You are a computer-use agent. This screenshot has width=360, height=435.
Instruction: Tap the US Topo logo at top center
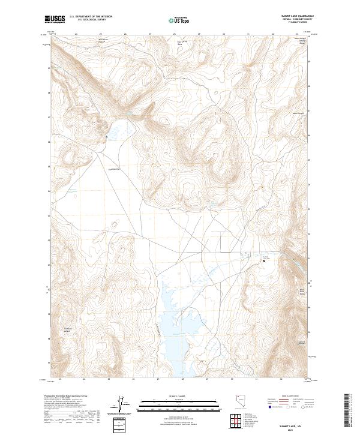coord(179,20)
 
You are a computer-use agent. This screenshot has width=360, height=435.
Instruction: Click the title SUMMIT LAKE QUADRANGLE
coord(297,16)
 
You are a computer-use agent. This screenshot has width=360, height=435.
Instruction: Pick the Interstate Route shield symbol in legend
coord(268,406)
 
